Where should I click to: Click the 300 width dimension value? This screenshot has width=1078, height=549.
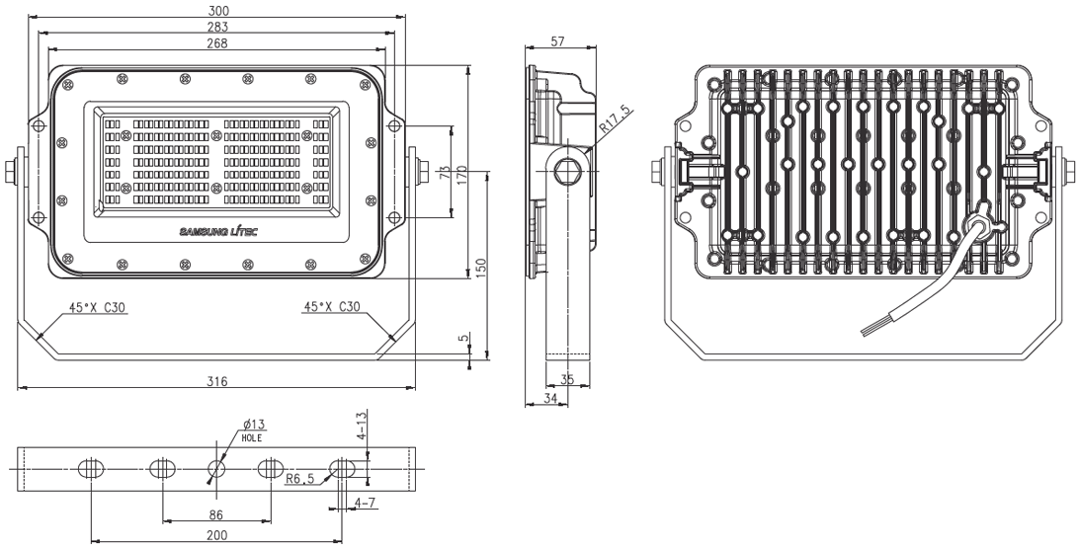pos(217,10)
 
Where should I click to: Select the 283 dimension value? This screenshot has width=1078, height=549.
pos(217,27)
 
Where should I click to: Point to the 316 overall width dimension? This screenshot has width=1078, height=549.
pos(216,381)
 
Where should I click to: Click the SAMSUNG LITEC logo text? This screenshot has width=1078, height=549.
pos(219,232)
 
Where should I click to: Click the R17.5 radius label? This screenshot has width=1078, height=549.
pos(614,118)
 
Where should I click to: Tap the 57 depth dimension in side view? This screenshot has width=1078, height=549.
pos(557,41)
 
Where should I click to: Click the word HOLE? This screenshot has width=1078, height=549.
pos(251,437)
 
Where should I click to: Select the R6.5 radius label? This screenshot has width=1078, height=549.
pos(299,479)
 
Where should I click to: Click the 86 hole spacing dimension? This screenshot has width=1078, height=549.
pos(216,514)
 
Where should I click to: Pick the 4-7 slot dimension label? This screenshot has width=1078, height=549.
pos(365,503)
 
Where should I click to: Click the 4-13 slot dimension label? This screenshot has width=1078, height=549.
pos(362,426)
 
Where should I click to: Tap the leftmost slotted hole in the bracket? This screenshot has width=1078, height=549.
pos(91,469)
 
